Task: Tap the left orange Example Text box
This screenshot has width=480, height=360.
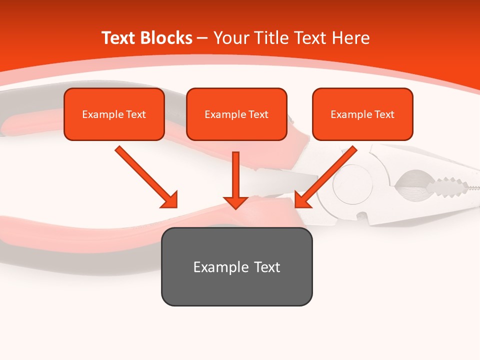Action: tap(114, 114)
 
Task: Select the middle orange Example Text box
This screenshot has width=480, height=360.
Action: tap(236, 114)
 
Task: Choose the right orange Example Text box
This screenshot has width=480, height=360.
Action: tap(362, 114)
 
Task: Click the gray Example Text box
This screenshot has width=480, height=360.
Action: tap(236, 266)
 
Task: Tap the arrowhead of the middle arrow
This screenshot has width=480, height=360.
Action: tap(235, 202)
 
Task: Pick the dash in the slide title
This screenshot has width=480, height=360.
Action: tap(202, 38)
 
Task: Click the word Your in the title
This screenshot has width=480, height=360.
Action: tap(231, 38)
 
